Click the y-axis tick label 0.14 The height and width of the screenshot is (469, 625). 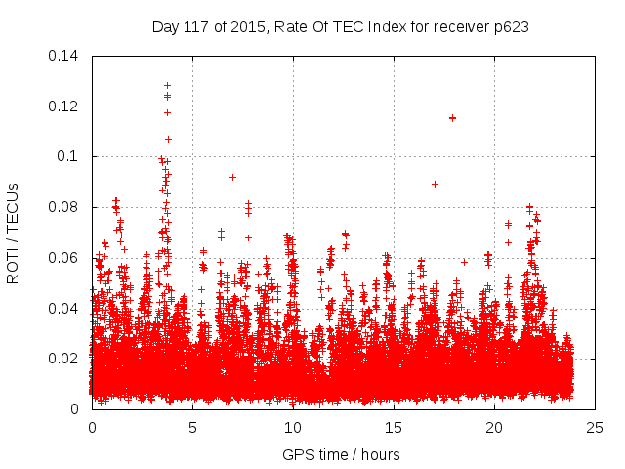click(65, 56)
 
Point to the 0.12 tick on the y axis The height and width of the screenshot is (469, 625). click(65, 107)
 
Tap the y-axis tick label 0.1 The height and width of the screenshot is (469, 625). click(69, 156)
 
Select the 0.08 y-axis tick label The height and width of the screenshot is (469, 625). click(65, 207)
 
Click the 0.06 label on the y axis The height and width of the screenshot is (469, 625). click(65, 258)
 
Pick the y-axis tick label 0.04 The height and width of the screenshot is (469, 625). click(65, 308)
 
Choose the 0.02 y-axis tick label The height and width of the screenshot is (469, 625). click(65, 359)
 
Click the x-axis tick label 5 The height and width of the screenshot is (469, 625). click(192, 428)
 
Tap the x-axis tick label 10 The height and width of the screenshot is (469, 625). click(293, 428)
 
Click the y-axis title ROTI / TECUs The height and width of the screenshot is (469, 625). click(14, 233)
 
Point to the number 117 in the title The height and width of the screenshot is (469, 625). click(197, 27)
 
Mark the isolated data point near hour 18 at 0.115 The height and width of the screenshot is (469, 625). click(452, 118)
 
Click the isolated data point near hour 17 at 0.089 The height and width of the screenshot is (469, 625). click(435, 184)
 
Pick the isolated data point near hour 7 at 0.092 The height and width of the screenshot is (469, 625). click(232, 177)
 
